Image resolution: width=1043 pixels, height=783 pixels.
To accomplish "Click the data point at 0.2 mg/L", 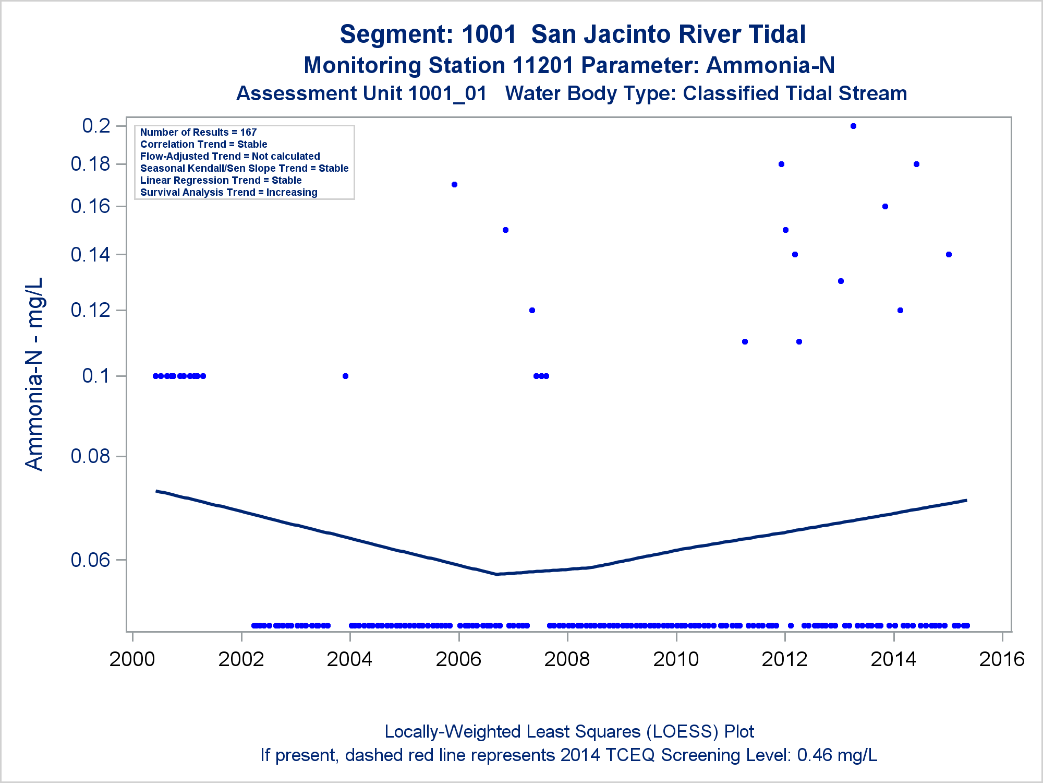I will pos(853,126).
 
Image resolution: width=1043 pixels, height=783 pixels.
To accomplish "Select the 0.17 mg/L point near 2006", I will pos(454,185).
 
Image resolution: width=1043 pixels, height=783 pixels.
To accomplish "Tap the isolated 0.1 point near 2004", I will pos(345,376).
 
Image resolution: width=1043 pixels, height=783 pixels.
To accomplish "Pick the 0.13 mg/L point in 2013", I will pos(841,281).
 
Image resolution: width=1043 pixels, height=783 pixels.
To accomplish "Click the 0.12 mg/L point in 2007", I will pos(532,311).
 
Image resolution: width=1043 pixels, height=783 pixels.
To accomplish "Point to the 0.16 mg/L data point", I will pos(885,207).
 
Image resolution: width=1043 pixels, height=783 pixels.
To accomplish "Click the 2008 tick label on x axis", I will pos(567,659).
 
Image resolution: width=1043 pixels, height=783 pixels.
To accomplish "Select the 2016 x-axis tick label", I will pos(1002,659).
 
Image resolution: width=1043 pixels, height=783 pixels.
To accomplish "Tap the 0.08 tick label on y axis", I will pos(91,456).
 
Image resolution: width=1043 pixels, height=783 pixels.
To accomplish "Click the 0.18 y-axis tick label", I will pos(91,164).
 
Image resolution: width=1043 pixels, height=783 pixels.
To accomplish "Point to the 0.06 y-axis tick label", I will pos(91,560).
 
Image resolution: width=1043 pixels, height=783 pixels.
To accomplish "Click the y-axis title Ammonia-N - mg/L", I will pos(34,374).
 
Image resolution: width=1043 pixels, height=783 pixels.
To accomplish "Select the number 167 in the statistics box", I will pos(248,133).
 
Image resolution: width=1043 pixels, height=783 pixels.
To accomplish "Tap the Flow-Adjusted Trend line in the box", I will pos(230,157).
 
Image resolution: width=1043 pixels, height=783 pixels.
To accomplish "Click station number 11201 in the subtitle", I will pos(543,66).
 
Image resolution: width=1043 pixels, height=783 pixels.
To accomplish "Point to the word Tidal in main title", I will pos(777,34).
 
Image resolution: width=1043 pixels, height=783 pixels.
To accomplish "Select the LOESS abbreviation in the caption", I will pos(685,732).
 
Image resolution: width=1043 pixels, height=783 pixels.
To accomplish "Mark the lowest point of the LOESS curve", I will pos(497,574).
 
